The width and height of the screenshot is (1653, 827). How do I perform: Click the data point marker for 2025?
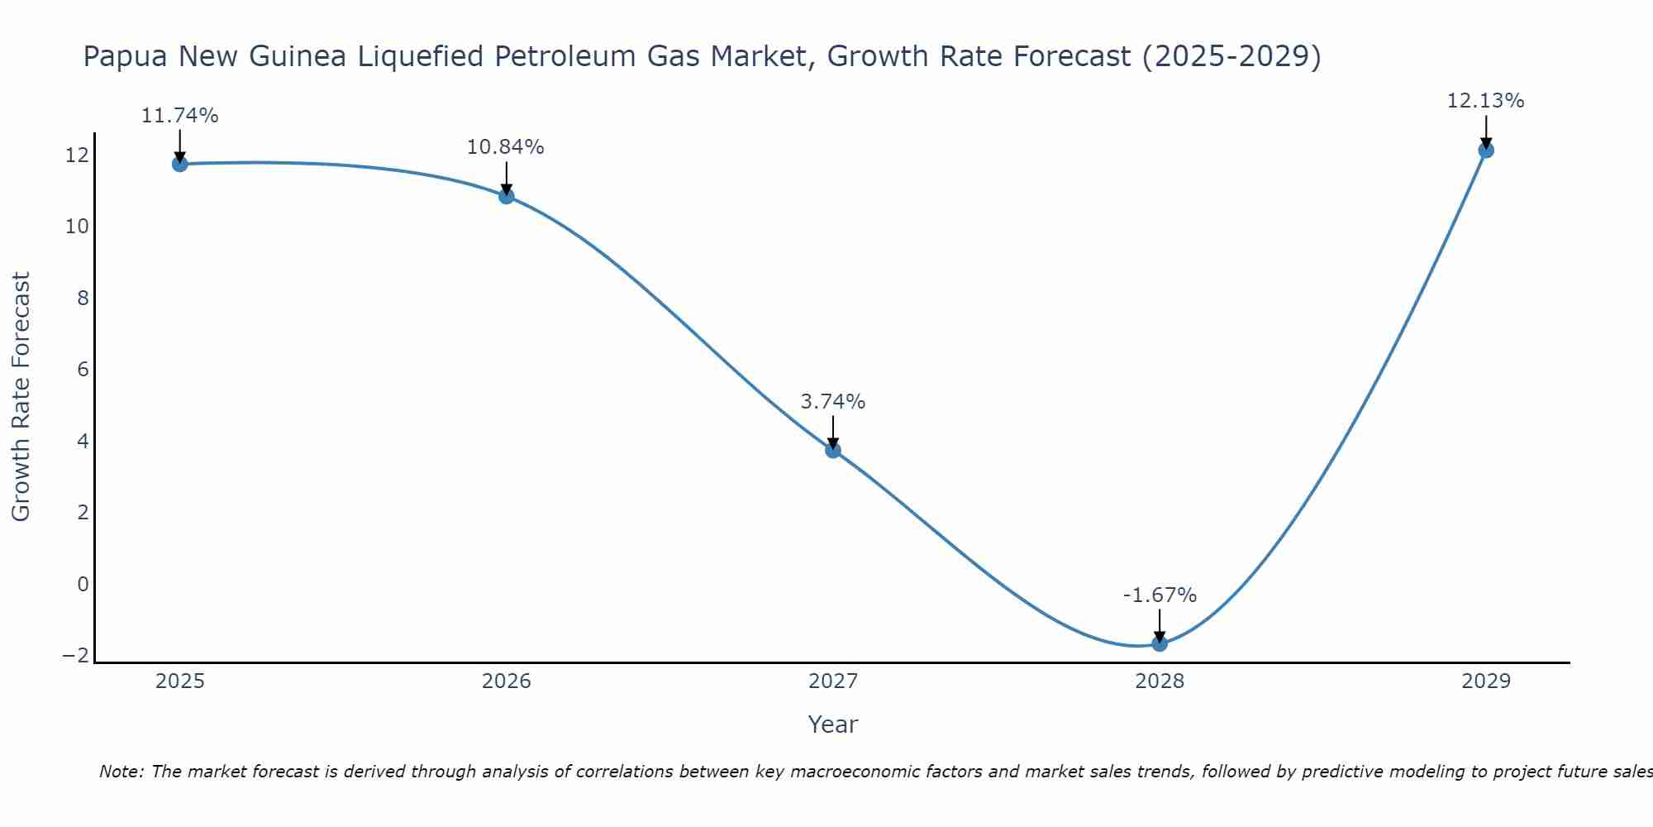[x=179, y=164]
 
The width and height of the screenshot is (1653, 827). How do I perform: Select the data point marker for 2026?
[x=507, y=196]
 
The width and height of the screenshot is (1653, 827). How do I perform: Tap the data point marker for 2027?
[x=833, y=450]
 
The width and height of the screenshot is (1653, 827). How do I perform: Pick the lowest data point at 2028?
[x=1160, y=643]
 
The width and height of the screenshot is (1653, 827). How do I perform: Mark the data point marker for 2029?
[x=1486, y=150]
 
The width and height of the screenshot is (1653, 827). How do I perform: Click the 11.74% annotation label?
[x=179, y=116]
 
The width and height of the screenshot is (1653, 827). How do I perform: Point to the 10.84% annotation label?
[x=505, y=147]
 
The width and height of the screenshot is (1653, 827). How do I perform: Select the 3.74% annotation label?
[x=832, y=402]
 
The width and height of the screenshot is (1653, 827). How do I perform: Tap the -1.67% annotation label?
[x=1160, y=595]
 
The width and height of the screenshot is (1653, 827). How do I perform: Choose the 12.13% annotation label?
[x=1485, y=101]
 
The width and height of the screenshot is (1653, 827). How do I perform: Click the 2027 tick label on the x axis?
[x=833, y=681]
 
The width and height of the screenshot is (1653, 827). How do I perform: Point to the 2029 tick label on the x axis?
[x=1486, y=681]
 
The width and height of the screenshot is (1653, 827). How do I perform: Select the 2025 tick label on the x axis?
[x=180, y=681]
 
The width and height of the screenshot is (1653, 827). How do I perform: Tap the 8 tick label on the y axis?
[x=83, y=298]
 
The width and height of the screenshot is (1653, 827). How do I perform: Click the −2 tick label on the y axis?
[x=75, y=655]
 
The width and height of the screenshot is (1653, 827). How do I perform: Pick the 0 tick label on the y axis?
[x=83, y=584]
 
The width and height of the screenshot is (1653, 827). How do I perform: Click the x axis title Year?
[x=833, y=724]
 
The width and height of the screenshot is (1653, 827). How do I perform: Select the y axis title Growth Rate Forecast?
[x=21, y=397]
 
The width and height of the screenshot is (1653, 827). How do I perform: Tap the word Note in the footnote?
[x=121, y=772]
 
